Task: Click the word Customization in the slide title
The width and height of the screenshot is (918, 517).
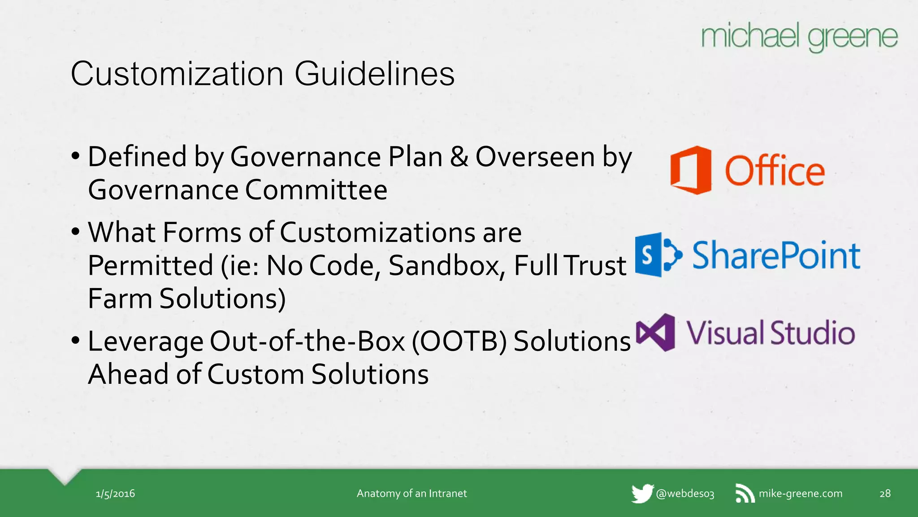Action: point(177,74)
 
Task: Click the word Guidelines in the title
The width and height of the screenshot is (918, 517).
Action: point(374,74)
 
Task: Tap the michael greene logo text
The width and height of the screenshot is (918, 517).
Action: point(799,37)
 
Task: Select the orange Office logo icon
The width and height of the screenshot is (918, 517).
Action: point(691,170)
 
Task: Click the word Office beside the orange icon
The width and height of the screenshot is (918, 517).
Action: point(775,171)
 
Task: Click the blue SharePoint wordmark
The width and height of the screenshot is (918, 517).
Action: point(776,255)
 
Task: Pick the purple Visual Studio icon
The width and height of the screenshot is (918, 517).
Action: point(656,333)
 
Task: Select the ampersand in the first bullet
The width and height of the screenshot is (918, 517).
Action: point(459,157)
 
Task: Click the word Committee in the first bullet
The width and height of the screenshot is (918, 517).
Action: point(316,190)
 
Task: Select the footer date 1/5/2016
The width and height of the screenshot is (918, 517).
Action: point(115,494)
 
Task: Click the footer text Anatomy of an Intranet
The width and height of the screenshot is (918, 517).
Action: point(411,494)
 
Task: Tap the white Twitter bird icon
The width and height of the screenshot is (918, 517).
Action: point(642,494)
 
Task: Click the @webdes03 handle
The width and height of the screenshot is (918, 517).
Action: point(685,494)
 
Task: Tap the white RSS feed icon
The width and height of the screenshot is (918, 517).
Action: point(745,494)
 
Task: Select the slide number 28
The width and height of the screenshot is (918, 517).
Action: point(885,494)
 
